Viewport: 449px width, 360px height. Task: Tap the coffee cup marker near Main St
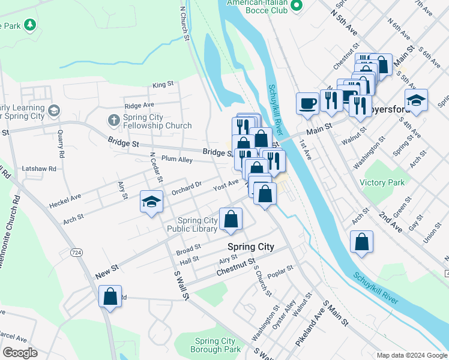click(x=307, y=103)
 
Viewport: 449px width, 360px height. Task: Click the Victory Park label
click(x=382, y=182)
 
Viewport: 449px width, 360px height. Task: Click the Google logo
click(x=20, y=353)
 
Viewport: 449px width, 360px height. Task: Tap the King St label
click(x=163, y=85)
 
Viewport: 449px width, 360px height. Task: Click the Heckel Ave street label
click(x=67, y=197)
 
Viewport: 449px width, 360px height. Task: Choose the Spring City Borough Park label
click(x=215, y=345)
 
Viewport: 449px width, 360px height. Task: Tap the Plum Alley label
click(x=177, y=160)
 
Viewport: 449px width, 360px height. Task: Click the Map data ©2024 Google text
click(x=411, y=355)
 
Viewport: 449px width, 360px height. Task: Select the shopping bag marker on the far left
click(x=110, y=296)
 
